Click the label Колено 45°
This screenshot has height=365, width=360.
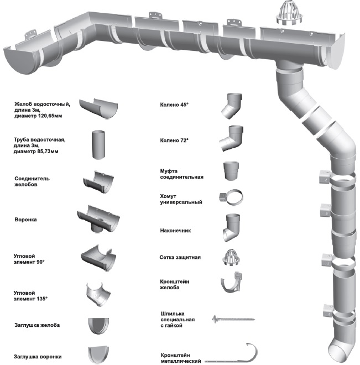tap(174, 103)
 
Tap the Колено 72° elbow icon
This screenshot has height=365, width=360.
tap(232, 138)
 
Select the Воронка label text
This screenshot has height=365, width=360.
tap(25, 219)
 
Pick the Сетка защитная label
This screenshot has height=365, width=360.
tap(180, 257)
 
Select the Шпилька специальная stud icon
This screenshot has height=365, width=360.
tap(232, 319)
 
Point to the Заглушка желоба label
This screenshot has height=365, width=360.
tap(36, 325)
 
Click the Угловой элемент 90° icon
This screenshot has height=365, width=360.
tap(99, 257)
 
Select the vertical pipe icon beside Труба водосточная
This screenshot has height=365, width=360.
tap(98, 145)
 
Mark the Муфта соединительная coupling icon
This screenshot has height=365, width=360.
tap(232, 170)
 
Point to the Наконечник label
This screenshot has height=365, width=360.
tap(175, 230)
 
